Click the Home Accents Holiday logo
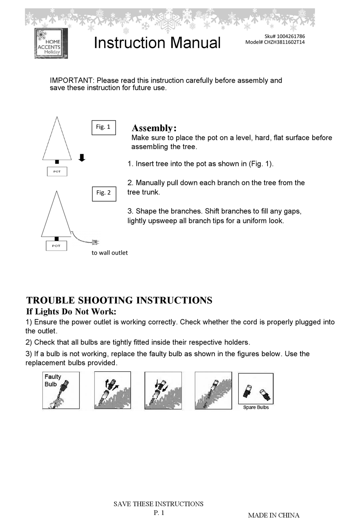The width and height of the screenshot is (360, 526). point(51,43)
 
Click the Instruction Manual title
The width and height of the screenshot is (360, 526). point(157,43)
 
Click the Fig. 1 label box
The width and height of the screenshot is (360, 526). point(103,127)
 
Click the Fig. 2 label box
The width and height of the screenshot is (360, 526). point(104,193)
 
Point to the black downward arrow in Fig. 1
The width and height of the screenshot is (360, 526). point(82,158)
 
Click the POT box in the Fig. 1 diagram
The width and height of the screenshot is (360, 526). point(57,172)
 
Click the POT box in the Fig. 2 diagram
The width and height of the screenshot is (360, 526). point(56,246)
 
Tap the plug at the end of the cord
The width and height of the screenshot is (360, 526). point(95,242)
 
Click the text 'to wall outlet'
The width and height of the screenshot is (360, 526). point(110,253)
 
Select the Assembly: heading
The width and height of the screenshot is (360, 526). point(154,128)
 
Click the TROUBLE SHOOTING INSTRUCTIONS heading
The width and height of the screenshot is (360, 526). point(119,301)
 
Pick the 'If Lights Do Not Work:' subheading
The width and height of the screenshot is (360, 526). point(71,312)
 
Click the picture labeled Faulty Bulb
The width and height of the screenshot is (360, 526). point(61,390)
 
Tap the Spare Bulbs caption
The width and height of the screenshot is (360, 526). point(256,407)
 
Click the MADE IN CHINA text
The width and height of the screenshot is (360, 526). point(274,515)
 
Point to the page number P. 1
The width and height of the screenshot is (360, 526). point(159,513)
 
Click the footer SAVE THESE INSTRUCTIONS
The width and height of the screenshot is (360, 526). point(158,504)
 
